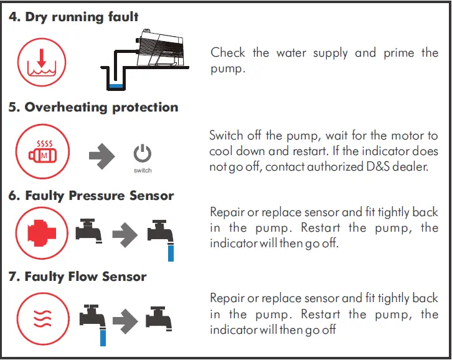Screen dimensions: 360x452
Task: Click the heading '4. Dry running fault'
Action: (73, 17)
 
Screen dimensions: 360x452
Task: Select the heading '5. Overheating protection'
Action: (93, 107)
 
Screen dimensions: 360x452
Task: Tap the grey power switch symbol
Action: (143, 154)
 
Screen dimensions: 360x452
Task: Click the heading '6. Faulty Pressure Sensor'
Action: (91, 196)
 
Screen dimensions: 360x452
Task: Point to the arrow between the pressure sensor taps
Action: (125, 234)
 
